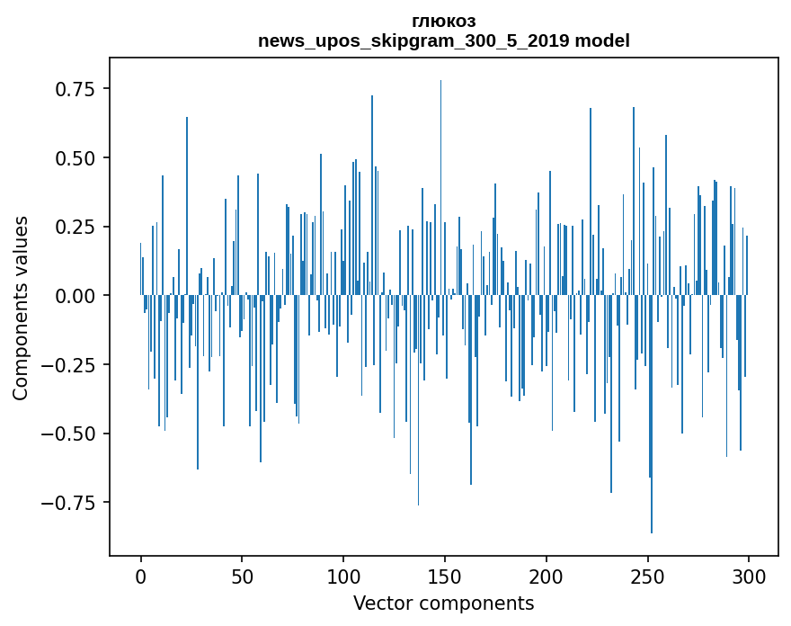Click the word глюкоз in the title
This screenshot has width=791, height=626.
pyautogui.click(x=443, y=21)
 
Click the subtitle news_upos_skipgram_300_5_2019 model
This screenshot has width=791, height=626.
pyautogui.click(x=443, y=40)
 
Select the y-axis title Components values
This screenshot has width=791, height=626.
pyautogui.click(x=21, y=308)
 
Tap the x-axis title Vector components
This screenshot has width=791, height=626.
pyautogui.click(x=443, y=603)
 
